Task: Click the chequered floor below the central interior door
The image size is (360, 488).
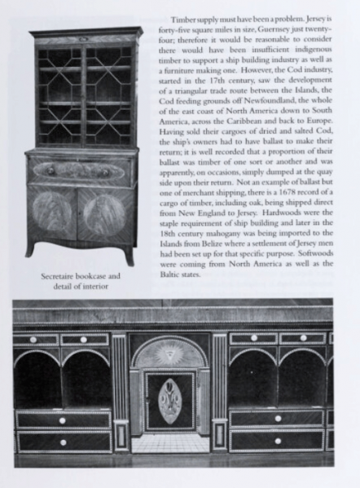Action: tap(170, 444)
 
